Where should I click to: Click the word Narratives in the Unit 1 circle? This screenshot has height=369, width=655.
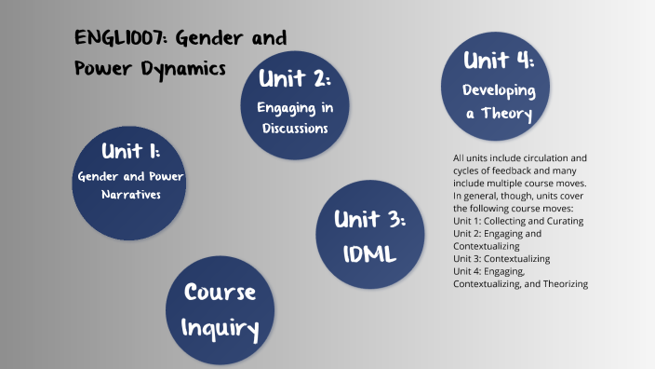click(131, 196)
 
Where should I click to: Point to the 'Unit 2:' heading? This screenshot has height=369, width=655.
click(295, 79)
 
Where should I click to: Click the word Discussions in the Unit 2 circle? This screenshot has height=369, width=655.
click(295, 129)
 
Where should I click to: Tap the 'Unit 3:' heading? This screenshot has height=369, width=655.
click(371, 221)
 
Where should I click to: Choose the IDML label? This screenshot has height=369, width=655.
click(371, 252)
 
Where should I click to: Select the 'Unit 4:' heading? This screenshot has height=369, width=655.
click(499, 61)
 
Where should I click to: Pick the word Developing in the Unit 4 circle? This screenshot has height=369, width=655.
click(500, 91)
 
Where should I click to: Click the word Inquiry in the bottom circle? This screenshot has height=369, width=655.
click(220, 327)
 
